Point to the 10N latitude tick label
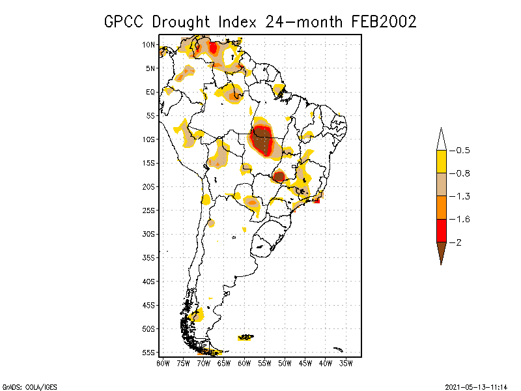pyautogui.click(x=150, y=45)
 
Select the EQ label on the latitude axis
pyautogui.click(x=150, y=92)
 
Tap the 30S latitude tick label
pyautogui.click(x=150, y=234)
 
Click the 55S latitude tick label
pyautogui.click(x=150, y=353)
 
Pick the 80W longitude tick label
pyautogui.click(x=163, y=363)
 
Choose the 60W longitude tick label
pyautogui.click(x=244, y=363)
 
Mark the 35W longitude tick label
pyautogui.click(x=346, y=363)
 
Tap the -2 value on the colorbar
pyautogui.click(x=458, y=242)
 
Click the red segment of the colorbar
pyautogui.click(x=442, y=230)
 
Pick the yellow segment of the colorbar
pyautogui.click(x=442, y=162)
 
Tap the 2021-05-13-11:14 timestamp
pyautogui.click(x=478, y=386)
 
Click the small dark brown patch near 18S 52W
pyautogui.click(x=279, y=176)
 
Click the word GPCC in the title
pyautogui.click(x=124, y=22)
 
